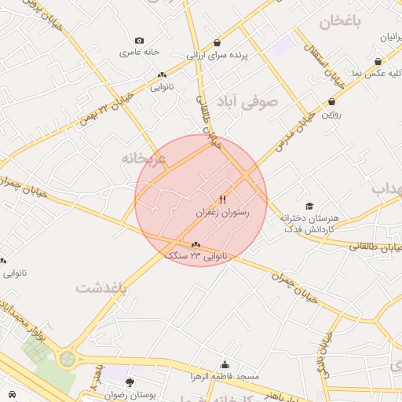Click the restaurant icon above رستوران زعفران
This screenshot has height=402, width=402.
pyautogui.click(x=223, y=199)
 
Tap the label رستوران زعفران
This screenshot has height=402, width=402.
pyautogui.click(x=222, y=213)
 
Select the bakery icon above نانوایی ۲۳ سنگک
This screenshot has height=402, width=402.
pyautogui.click(x=196, y=244)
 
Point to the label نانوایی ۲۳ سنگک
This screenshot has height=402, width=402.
pyautogui.click(x=196, y=256)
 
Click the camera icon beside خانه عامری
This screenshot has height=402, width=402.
pyautogui.click(x=140, y=41)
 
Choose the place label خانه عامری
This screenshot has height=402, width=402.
pyautogui.click(x=140, y=53)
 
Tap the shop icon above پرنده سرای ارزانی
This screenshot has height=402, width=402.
pyautogui.click(x=217, y=43)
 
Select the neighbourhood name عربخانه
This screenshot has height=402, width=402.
pyautogui.click(x=144, y=158)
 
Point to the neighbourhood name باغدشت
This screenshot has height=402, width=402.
pyautogui.click(x=101, y=288)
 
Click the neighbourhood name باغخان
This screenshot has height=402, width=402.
pyautogui.click(x=340, y=22)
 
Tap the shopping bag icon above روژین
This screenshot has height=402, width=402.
pyautogui.click(x=332, y=101)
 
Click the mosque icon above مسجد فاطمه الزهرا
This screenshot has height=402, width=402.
pyautogui.click(x=225, y=364)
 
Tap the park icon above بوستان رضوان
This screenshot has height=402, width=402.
pyautogui.click(x=130, y=382)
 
